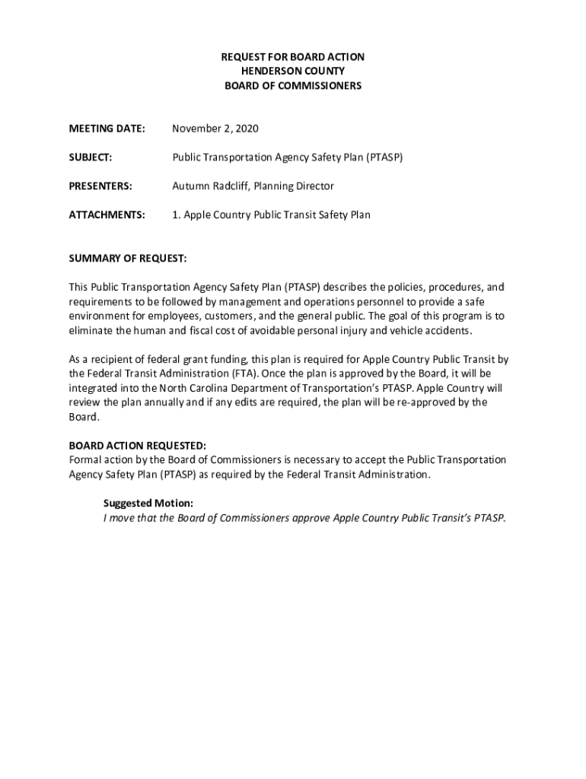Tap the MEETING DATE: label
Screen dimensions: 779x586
tap(107, 129)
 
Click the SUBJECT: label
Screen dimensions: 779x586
tap(91, 157)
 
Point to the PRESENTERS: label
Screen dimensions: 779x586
tap(100, 186)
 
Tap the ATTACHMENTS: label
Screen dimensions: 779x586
tap(107, 215)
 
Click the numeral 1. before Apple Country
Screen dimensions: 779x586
tap(176, 215)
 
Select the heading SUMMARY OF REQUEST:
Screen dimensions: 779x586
tap(128, 259)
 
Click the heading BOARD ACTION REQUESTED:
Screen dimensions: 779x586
tap(137, 446)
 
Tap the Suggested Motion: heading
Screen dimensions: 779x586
tap(148, 504)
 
